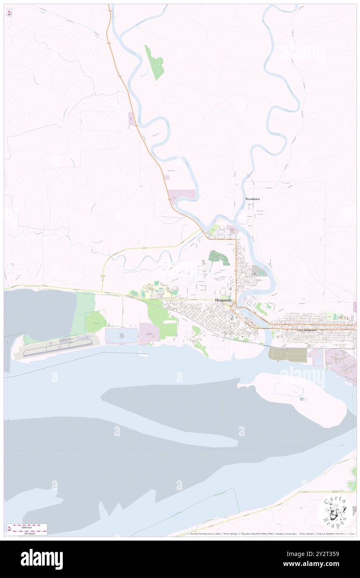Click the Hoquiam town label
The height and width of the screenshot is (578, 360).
[x=223, y=300]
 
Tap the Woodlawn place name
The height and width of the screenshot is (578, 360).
[x=252, y=199]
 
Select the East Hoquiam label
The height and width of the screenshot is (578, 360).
[x=308, y=330]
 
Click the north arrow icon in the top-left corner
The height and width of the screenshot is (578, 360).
[x=9, y=13]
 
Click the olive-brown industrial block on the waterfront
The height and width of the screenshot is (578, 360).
[x=287, y=354]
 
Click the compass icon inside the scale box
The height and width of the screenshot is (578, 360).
[x=9, y=529]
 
